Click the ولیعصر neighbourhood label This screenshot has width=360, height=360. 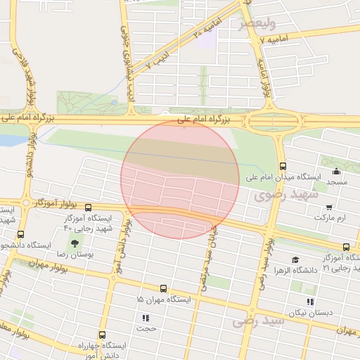coord(255,24)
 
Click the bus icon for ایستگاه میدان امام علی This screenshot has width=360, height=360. coord(283,167)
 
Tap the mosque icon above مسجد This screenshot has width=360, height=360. coord(336,171)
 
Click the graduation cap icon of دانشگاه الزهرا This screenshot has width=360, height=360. coord(295,260)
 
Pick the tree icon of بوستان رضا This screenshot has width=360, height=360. coord(75,243)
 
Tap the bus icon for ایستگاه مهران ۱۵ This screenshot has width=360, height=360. coord(163,288)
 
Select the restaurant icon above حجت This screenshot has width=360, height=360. coord(146,318)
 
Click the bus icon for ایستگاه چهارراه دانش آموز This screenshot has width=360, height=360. coord(103,335)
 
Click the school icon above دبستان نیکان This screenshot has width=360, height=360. coord(310,302)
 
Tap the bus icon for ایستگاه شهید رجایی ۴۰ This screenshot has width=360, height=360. coord(88,208)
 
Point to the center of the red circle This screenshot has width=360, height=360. coord(180,179)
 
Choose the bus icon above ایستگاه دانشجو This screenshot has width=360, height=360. coord(20,235)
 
